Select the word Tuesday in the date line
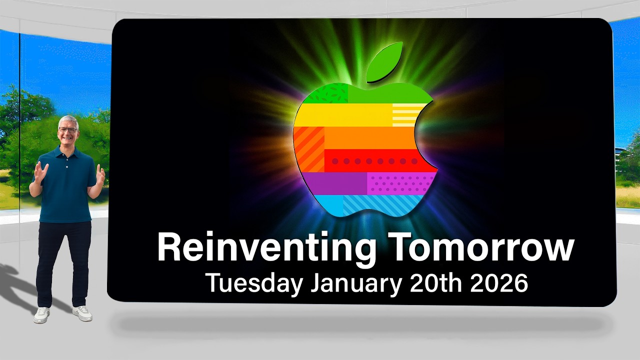pyautogui.click(x=254, y=283)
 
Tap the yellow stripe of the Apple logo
pyautogui.click(x=345, y=115)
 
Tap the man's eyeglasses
pyautogui.click(x=67, y=130)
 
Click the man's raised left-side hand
pyautogui.click(x=40, y=172)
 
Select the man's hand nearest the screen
pyautogui.click(x=100, y=175)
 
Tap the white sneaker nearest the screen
pyautogui.click(x=82, y=313)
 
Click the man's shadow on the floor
pyautogui.click(x=20, y=290)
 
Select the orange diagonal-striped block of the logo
pyautogui.click(x=308, y=148)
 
